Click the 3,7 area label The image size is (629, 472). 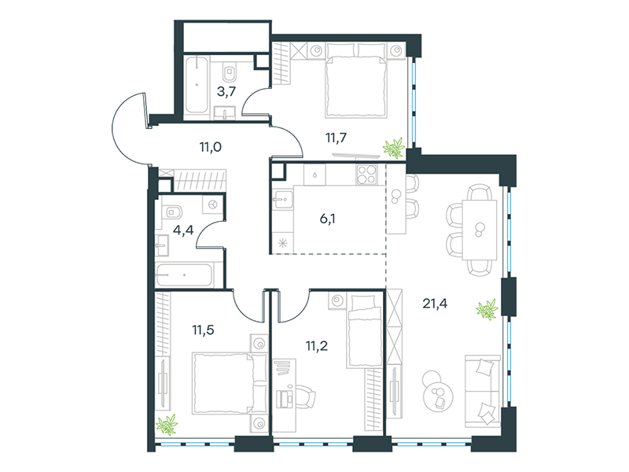pos(226,92)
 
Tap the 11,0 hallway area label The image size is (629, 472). pos(211,147)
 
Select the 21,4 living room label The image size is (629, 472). pos(435,304)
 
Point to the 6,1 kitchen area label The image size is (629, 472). pos(327,219)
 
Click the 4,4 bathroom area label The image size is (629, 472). pos(183,230)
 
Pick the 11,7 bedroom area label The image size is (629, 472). pos(337,138)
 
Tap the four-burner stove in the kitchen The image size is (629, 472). pos(367,175)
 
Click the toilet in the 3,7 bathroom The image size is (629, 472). pos(230,72)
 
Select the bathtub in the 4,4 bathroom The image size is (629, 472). pos(184,275)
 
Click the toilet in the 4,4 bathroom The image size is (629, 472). pos(173,211)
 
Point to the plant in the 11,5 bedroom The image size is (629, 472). pos(167,425)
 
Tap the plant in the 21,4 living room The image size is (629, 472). pos(487,309)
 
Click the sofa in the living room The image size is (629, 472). pos(483,391)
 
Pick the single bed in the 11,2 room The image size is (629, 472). pos(364,331)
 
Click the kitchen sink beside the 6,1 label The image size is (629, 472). pos(283,200)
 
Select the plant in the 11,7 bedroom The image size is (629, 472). pos(393,148)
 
